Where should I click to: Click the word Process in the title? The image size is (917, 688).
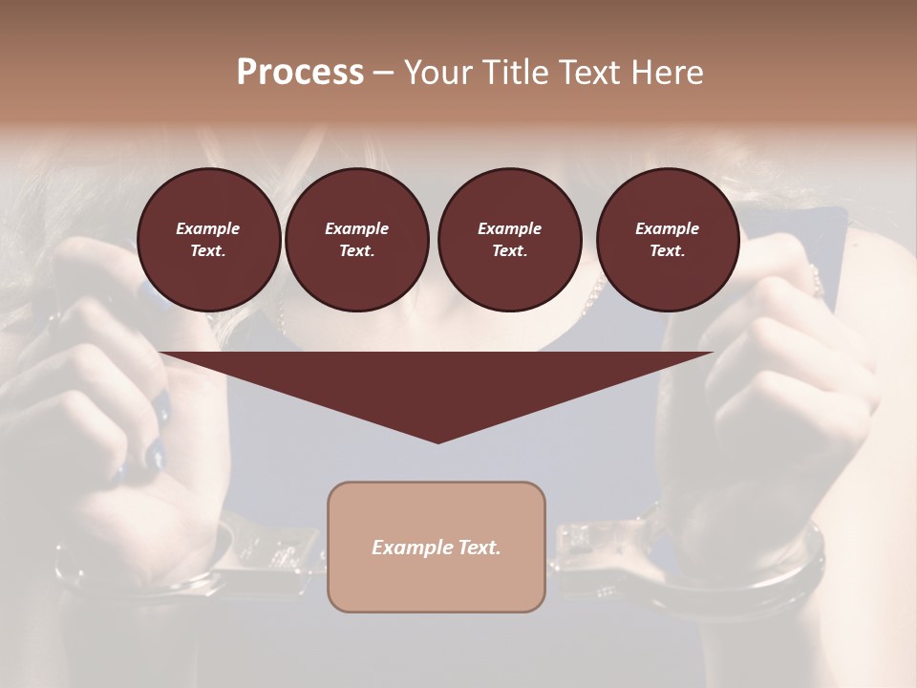click(x=300, y=73)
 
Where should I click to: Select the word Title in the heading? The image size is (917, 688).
click(x=518, y=73)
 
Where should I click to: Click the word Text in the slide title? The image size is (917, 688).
click(x=593, y=73)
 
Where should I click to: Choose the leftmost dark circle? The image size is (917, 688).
click(x=208, y=240)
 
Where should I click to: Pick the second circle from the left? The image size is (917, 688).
click(x=357, y=240)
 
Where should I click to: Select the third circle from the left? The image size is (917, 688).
click(x=509, y=240)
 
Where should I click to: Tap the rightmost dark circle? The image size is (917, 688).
click(x=668, y=240)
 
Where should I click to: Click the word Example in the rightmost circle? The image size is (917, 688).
click(x=668, y=228)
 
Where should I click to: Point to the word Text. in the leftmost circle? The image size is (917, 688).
click(x=208, y=251)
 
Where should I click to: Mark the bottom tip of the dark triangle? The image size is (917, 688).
click(x=437, y=441)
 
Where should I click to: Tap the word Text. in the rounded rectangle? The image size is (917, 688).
click(x=479, y=548)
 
